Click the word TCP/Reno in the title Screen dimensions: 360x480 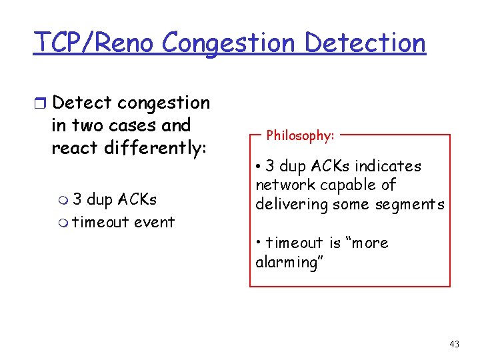pyautogui.click(x=95, y=43)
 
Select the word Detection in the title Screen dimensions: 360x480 pyautogui.click(x=365, y=43)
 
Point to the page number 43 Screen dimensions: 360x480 pyautogui.click(x=454, y=344)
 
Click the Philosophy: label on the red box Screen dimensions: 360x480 pyautogui.click(x=300, y=135)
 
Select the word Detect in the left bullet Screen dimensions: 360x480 pyautogui.click(x=81, y=103)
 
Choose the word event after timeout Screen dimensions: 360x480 pyautogui.click(x=154, y=222)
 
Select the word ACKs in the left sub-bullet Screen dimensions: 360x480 pyautogui.click(x=137, y=199)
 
